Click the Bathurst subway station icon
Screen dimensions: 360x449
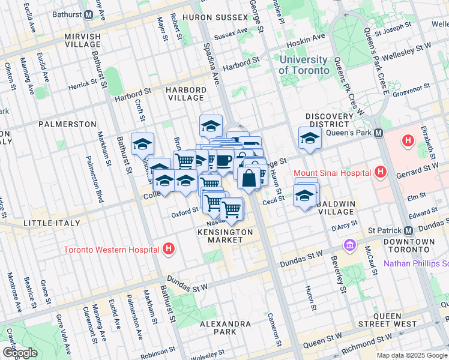(x=89, y=13)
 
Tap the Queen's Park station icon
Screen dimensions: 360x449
(x=378, y=133)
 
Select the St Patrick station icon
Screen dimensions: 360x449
(x=408, y=231)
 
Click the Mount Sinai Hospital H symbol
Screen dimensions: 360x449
(x=379, y=173)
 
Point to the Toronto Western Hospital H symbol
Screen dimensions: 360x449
(x=169, y=248)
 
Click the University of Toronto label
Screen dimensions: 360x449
(x=304, y=65)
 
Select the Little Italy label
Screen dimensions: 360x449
(x=51, y=223)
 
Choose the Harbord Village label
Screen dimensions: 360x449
(x=186, y=94)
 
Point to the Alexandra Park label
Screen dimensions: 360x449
(x=226, y=328)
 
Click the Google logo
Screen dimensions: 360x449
(x=20, y=353)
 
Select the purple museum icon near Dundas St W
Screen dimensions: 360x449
(x=349, y=245)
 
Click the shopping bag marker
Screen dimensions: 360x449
(x=249, y=178)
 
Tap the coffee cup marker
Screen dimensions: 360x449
(x=224, y=160)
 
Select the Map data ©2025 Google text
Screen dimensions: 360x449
(x=412, y=355)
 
